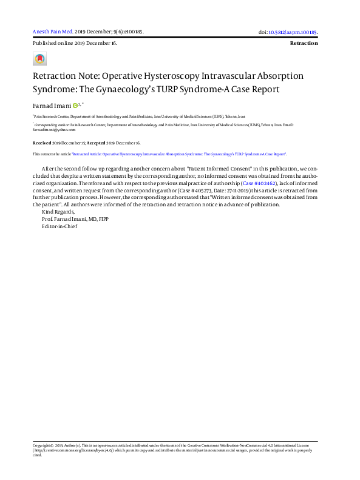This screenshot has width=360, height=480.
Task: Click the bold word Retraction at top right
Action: [304, 44]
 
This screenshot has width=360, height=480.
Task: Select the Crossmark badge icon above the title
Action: [39, 59]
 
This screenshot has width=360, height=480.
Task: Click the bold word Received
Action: [42, 143]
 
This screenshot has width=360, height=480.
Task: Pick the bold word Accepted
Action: [95, 143]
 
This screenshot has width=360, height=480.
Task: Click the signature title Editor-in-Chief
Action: [59, 226]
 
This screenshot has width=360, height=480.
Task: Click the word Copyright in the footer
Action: [43, 445]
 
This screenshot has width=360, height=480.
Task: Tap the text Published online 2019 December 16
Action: [75, 44]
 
